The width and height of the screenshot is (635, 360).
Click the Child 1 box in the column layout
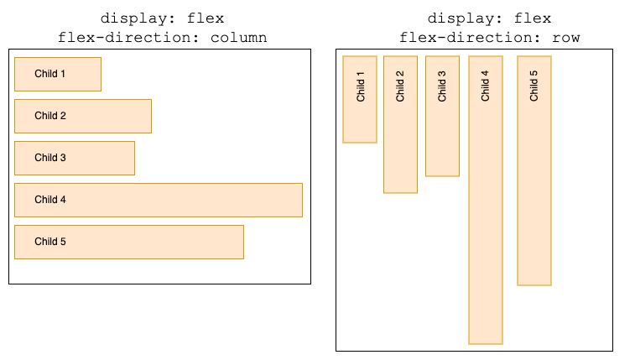click(x=58, y=74)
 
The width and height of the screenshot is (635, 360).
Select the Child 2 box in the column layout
click(x=83, y=116)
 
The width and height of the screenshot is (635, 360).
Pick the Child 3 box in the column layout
click(x=75, y=158)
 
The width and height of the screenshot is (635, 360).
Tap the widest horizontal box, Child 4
click(x=159, y=200)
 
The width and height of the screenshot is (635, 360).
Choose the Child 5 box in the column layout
click(x=129, y=242)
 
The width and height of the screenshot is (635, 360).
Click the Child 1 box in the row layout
click(x=360, y=99)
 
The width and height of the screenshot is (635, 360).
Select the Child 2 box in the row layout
click(x=400, y=124)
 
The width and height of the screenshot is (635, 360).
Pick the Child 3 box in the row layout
click(x=442, y=116)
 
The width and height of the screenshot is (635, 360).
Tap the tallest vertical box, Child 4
click(x=485, y=200)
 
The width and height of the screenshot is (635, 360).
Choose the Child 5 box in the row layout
click(x=534, y=170)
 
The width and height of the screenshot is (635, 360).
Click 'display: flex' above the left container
click(x=162, y=18)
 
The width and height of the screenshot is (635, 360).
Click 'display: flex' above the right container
click(x=489, y=18)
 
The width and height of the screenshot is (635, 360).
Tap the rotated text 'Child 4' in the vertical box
click(x=485, y=86)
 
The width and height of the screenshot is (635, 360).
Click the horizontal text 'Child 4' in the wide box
click(x=50, y=200)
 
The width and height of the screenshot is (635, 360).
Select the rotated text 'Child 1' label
click(x=361, y=86)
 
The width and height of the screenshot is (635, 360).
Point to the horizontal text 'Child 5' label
click(x=50, y=242)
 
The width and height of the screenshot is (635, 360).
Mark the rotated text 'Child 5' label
click(x=534, y=86)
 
